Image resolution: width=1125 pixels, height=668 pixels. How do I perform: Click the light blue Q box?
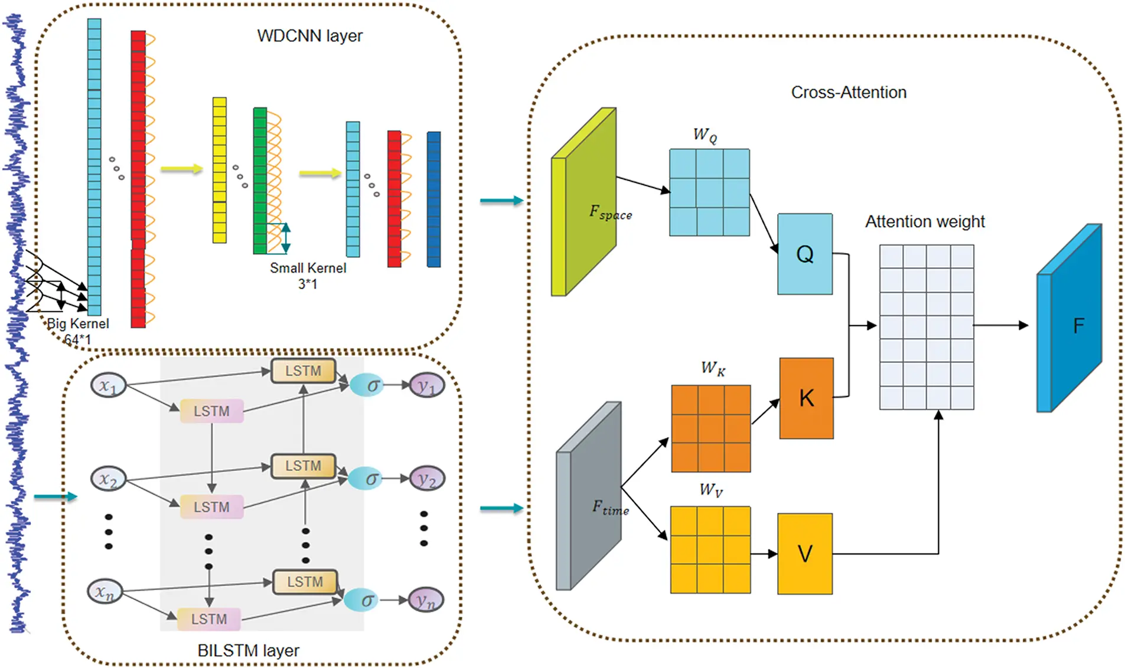tap(804, 254)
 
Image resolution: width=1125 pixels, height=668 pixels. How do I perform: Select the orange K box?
tap(806, 398)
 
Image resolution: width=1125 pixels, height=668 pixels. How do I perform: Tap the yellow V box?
tap(804, 554)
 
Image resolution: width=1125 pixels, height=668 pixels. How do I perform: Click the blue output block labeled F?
tap(1070, 325)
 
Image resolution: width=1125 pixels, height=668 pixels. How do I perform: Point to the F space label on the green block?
tap(610, 212)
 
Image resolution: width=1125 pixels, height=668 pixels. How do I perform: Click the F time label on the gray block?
tap(611, 507)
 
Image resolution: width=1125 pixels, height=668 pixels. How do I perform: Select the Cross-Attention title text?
tap(849, 93)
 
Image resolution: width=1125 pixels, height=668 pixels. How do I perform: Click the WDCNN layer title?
tap(309, 36)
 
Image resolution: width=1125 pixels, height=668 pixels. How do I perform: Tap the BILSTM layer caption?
tap(248, 650)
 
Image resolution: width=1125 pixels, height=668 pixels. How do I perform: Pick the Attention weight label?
tap(925, 222)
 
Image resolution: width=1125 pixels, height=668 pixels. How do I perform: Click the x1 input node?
tap(108, 386)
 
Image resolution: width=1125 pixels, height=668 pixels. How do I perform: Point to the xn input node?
tap(105, 591)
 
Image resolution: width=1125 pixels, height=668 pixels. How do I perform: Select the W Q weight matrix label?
tap(705, 135)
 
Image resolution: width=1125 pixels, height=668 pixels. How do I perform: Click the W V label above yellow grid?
tap(710, 490)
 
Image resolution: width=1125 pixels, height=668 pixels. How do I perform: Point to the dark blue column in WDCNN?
tap(433, 199)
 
